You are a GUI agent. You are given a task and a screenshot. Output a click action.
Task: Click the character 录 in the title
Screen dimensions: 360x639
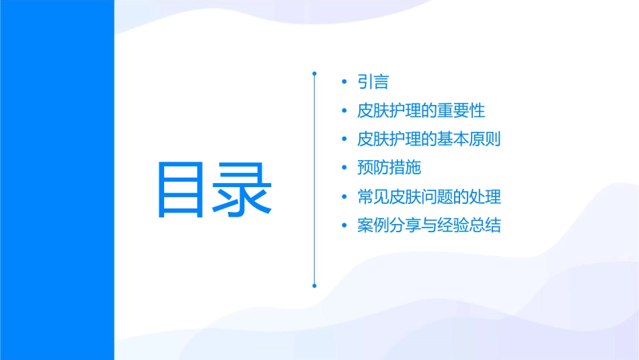pos(243,189)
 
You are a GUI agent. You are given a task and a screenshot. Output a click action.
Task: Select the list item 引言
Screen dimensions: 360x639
pos(373,82)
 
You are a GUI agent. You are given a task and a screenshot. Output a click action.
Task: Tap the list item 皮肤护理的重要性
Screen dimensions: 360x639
pos(421,110)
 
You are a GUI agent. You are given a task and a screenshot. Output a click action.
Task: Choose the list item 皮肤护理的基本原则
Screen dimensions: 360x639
pos(429,139)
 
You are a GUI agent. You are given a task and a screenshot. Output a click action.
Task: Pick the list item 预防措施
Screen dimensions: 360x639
pos(389,168)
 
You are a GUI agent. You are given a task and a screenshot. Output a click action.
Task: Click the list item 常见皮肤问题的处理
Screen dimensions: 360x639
pos(429,197)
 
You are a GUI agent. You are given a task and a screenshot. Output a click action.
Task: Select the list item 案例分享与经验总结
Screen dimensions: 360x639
pos(429,225)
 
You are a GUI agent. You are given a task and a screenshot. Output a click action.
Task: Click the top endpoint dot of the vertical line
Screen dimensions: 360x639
pos(314,72)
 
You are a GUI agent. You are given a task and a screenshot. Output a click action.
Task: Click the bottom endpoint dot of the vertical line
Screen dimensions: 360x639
pos(314,285)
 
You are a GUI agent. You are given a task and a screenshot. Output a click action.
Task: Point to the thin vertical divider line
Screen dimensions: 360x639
pos(314,178)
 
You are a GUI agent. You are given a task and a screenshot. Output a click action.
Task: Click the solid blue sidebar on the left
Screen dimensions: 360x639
pos(57,180)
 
